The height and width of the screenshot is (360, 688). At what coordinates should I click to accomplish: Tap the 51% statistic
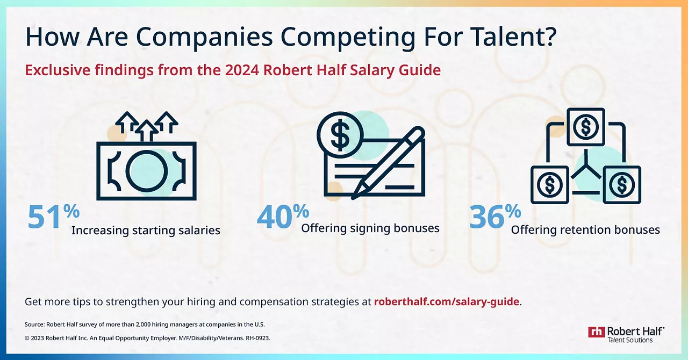[53, 216]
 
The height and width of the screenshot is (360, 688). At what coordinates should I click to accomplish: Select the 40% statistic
[283, 216]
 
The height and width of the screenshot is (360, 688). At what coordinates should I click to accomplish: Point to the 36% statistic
[495, 216]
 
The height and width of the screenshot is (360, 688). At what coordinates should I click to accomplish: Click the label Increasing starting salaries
[146, 231]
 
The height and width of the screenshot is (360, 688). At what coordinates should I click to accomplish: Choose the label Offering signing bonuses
[370, 228]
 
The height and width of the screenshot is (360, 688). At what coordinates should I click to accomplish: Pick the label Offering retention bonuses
[585, 230]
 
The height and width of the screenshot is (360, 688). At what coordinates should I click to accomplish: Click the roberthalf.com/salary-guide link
[447, 301]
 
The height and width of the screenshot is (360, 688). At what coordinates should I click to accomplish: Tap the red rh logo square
[597, 332]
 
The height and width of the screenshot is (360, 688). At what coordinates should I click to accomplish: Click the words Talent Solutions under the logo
[630, 340]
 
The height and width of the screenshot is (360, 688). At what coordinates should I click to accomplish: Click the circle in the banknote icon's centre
[147, 171]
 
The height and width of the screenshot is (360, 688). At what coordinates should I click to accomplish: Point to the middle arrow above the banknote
[147, 131]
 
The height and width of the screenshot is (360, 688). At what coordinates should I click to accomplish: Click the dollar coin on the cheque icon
[340, 135]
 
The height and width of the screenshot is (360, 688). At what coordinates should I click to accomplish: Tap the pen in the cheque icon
[388, 163]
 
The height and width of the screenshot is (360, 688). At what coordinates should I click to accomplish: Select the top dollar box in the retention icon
[586, 127]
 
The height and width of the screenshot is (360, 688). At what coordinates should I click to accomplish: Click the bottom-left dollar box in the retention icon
[549, 185]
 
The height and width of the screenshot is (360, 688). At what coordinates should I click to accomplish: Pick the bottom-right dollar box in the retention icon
[622, 185]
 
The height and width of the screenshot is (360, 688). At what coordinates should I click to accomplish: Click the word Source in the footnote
[35, 325]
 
